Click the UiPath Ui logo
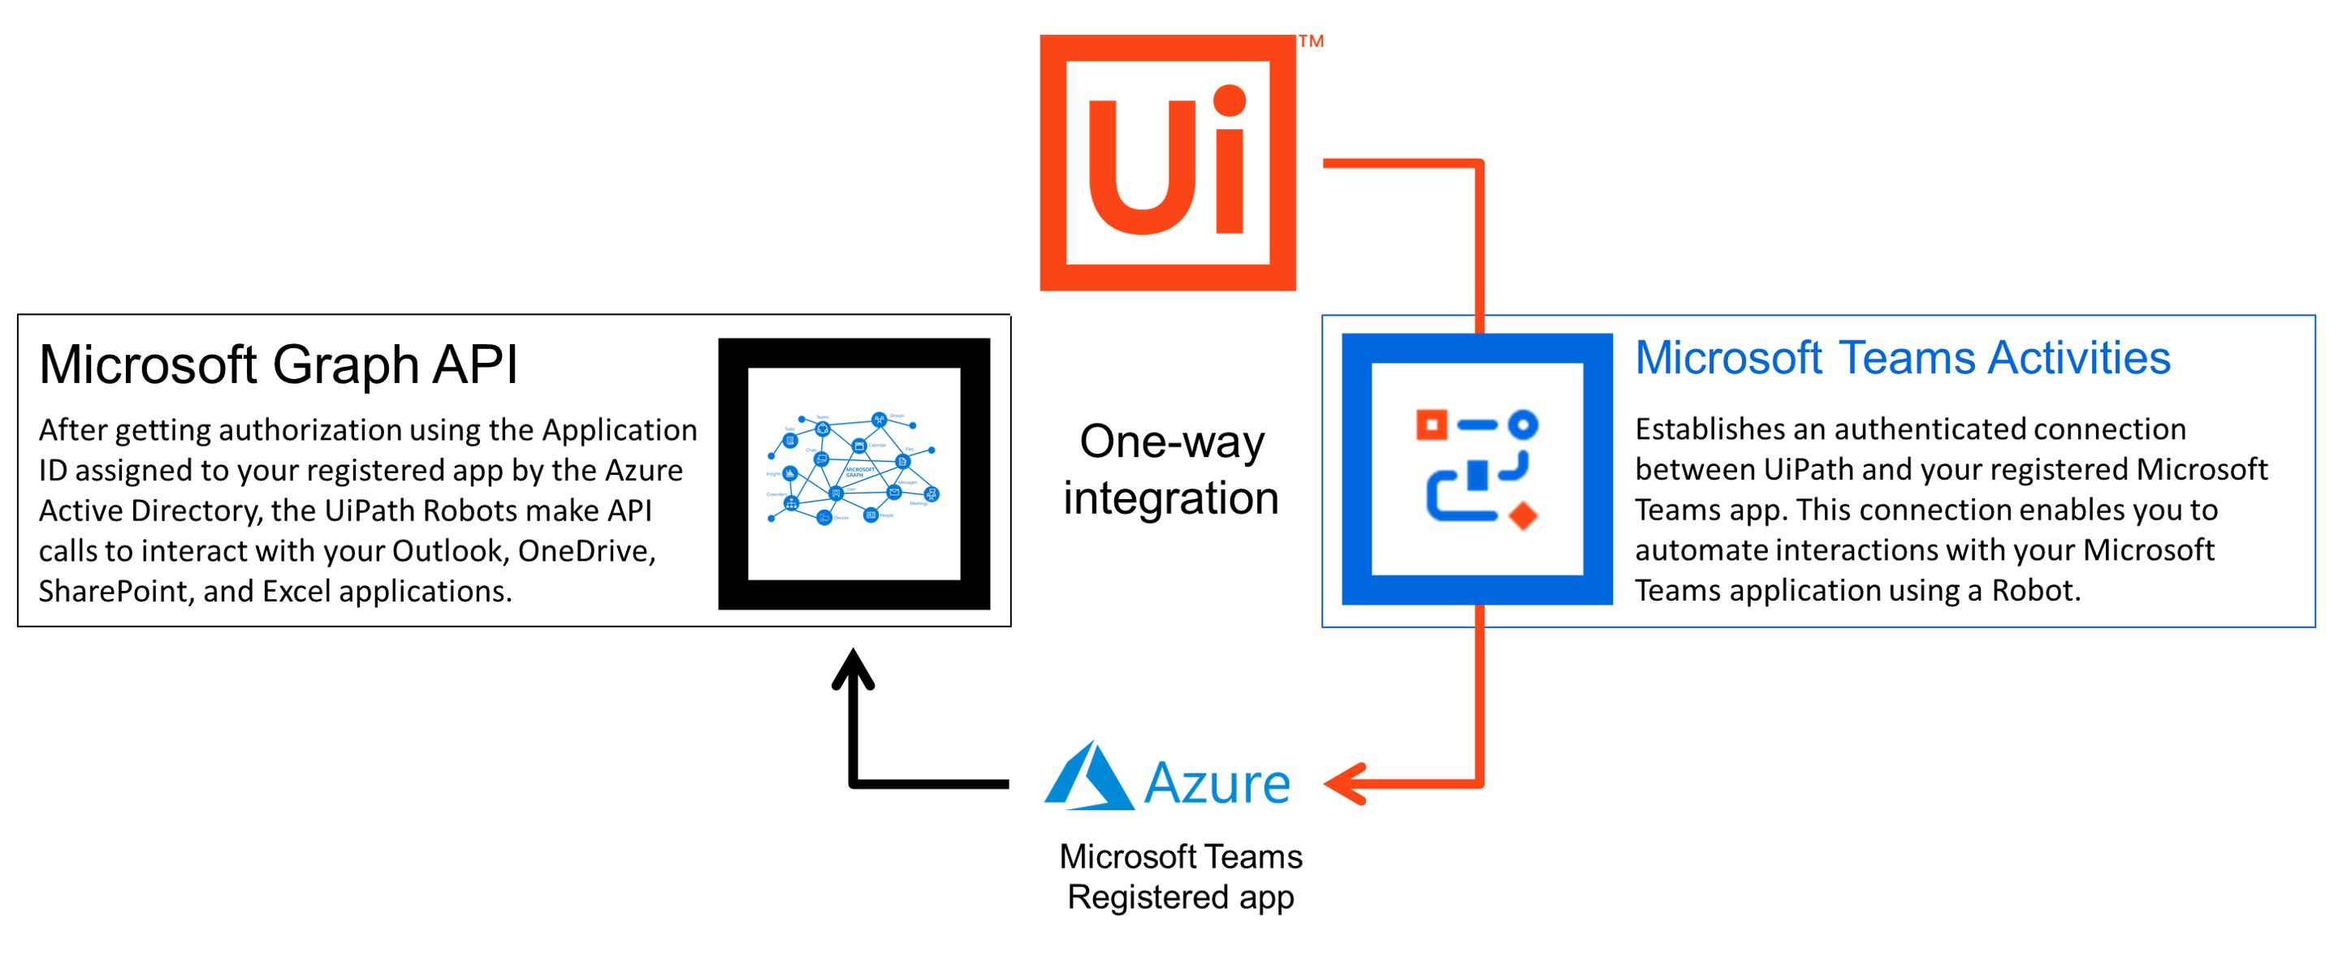pyautogui.click(x=1167, y=163)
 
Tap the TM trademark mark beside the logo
pyautogui.click(x=1310, y=41)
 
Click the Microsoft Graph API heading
pyautogui.click(x=278, y=364)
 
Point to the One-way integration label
pyautogui.click(x=1171, y=469)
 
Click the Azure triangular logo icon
pyautogui.click(x=1090, y=779)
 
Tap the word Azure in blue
pyautogui.click(x=1217, y=783)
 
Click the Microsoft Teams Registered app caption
pyautogui.click(x=1180, y=877)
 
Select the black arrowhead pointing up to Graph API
pyautogui.click(x=853, y=670)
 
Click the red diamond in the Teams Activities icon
pyautogui.click(x=1523, y=515)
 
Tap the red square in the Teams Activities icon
pyautogui.click(x=1431, y=424)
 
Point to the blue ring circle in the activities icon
pyautogui.click(x=1523, y=424)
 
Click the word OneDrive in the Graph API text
pyautogui.click(x=586, y=551)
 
